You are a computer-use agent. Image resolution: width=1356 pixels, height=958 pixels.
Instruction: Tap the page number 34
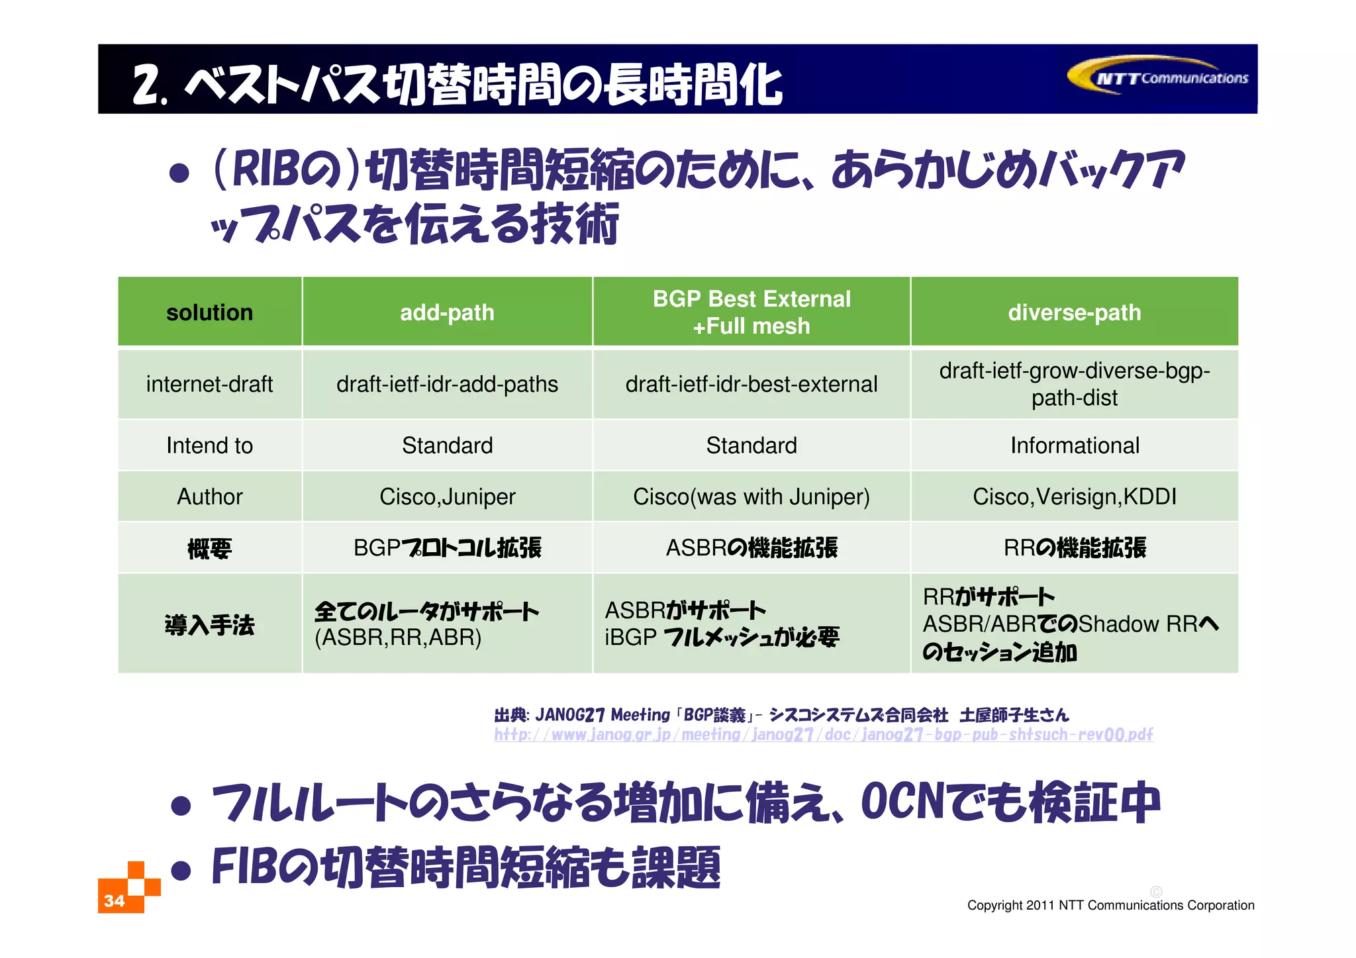[114, 900]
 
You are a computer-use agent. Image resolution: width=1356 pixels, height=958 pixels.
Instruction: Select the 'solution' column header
[209, 312]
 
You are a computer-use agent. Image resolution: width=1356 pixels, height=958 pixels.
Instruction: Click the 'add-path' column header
[447, 312]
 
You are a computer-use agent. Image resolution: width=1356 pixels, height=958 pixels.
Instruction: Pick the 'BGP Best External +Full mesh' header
[751, 312]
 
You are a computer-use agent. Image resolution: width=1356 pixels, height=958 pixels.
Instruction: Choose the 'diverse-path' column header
[1074, 312]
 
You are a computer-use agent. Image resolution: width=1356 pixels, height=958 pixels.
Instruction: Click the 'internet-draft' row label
[209, 384]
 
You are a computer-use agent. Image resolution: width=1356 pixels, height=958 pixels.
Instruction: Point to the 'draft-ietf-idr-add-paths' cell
[447, 384]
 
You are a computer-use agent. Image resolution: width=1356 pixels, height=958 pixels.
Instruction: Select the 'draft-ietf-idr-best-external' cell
[751, 384]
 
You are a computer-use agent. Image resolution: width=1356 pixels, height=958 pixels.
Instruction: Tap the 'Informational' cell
[1074, 446]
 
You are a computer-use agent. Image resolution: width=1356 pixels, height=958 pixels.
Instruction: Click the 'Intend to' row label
[209, 446]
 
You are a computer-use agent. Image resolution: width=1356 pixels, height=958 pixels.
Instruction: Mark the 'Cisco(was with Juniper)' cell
[751, 497]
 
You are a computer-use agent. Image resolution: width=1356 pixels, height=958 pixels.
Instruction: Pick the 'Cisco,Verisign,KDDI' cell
[1074, 497]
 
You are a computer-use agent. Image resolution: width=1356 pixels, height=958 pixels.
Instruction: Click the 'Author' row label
[209, 497]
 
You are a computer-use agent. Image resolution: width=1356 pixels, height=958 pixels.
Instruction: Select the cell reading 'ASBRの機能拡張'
[751, 548]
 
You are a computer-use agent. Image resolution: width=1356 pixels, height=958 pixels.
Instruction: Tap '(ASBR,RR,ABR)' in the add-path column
[397, 638]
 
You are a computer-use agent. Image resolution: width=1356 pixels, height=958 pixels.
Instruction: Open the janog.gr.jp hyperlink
[823, 735]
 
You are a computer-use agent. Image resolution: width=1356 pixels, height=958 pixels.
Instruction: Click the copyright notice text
[1110, 905]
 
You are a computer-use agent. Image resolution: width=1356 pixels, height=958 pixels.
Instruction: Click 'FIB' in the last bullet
[241, 867]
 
